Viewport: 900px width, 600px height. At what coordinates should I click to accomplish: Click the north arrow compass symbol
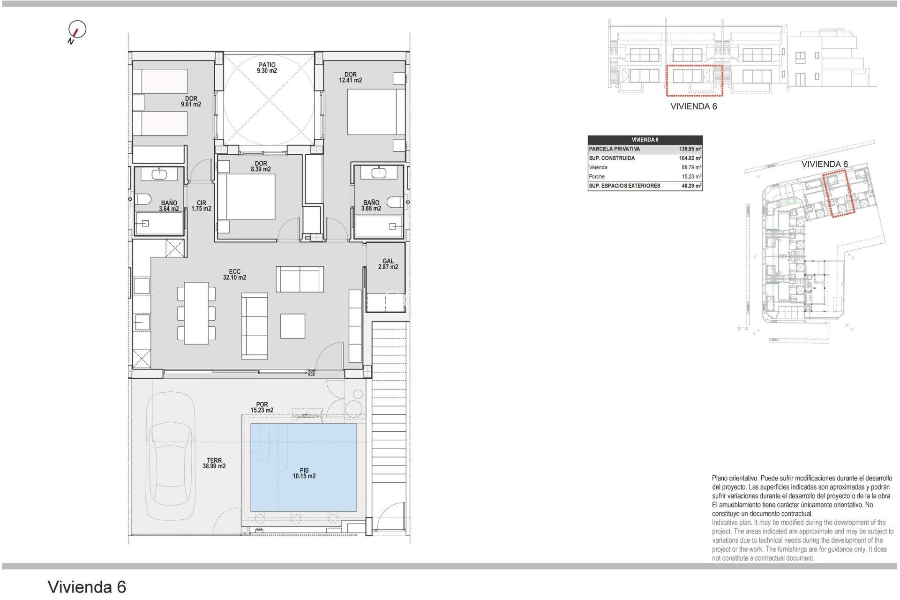[x=77, y=30]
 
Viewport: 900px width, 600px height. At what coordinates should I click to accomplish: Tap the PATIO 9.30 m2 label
[x=267, y=68]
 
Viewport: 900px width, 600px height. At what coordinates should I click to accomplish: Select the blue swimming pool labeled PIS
[x=304, y=467]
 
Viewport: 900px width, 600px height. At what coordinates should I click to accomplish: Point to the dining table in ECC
[x=196, y=313]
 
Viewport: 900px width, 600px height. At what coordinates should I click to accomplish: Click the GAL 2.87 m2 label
[x=388, y=264]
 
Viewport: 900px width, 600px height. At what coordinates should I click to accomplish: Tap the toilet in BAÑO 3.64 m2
[x=143, y=199]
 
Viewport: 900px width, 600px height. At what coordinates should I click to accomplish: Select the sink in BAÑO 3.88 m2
[x=378, y=173]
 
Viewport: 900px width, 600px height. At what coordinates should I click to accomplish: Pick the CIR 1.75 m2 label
[x=201, y=206]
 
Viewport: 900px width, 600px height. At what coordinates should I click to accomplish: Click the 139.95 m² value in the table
[x=690, y=149]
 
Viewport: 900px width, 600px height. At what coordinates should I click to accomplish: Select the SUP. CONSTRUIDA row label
[x=612, y=158]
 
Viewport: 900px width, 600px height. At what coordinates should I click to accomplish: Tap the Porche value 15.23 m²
[x=691, y=177]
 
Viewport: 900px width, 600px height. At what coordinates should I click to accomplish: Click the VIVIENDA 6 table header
[x=645, y=140]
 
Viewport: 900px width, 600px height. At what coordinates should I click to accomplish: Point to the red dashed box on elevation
[x=694, y=81]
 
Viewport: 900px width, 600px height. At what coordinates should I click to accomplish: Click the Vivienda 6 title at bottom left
[x=87, y=587]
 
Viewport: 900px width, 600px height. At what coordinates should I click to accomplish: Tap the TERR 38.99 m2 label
[x=214, y=463]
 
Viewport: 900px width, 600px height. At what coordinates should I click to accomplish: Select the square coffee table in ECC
[x=292, y=326]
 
